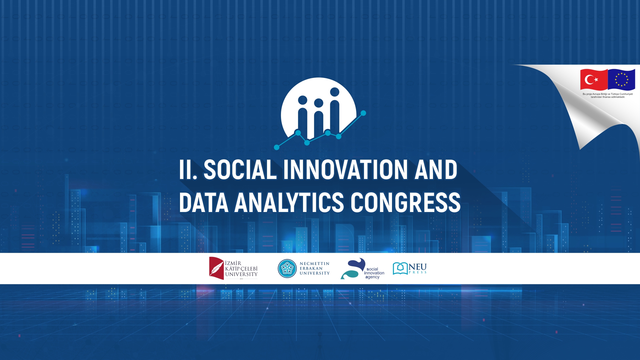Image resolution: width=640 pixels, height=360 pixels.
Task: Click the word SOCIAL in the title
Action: (x=240, y=170)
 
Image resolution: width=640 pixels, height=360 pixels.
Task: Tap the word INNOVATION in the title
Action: (x=345, y=170)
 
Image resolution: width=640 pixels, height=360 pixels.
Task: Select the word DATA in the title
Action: (x=204, y=202)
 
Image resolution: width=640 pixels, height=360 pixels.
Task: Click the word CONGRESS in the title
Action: (x=405, y=202)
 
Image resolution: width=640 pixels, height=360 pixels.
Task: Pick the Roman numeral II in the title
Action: (x=188, y=170)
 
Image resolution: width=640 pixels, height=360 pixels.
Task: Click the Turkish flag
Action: (x=594, y=80)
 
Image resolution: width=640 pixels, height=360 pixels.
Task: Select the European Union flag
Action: (x=621, y=80)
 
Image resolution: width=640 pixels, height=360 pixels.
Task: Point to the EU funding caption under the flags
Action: (x=608, y=96)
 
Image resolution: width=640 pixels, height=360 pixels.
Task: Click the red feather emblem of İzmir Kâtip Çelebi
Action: (x=216, y=268)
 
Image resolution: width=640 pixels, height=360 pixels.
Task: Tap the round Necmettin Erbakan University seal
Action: (x=287, y=268)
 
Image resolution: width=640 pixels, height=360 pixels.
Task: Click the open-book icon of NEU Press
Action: (x=400, y=268)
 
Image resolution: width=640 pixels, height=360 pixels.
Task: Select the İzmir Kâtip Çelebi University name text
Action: (x=241, y=269)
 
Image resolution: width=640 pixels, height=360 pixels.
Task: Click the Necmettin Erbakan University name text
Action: (x=314, y=268)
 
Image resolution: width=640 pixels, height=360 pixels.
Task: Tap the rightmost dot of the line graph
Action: (x=363, y=113)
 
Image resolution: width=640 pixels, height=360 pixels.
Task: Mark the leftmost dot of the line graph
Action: (x=277, y=147)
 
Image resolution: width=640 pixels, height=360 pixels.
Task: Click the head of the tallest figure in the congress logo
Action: (x=334, y=92)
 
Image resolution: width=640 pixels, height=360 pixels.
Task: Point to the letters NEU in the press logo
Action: (x=418, y=267)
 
